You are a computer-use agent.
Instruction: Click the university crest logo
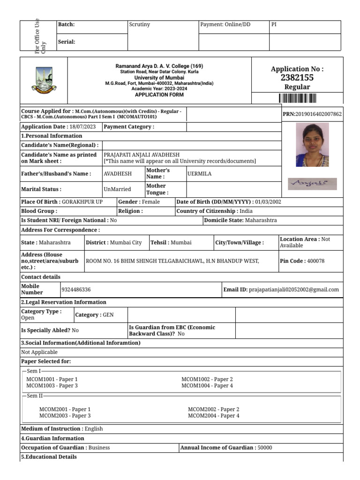click(x=44, y=80)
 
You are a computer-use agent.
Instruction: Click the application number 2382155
click(x=297, y=78)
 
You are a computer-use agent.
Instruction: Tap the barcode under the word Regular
click(x=297, y=98)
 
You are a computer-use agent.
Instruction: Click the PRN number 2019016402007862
click(x=319, y=114)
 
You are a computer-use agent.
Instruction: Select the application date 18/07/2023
click(x=82, y=127)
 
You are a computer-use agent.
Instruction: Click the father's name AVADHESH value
click(x=117, y=174)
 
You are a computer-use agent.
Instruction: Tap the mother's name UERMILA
click(x=199, y=174)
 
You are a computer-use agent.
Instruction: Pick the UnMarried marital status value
click(x=117, y=189)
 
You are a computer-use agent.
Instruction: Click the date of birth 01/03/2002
click(x=268, y=202)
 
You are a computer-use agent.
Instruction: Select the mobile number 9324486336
click(x=76, y=290)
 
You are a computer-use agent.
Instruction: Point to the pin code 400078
click(x=315, y=261)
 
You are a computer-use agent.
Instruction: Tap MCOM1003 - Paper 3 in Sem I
click(x=52, y=386)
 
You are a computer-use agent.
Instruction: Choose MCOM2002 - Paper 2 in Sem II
click(x=213, y=409)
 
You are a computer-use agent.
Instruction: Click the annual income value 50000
click(x=264, y=448)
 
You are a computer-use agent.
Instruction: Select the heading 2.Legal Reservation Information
click(x=64, y=302)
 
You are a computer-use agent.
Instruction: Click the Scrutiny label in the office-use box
click(x=140, y=24)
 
